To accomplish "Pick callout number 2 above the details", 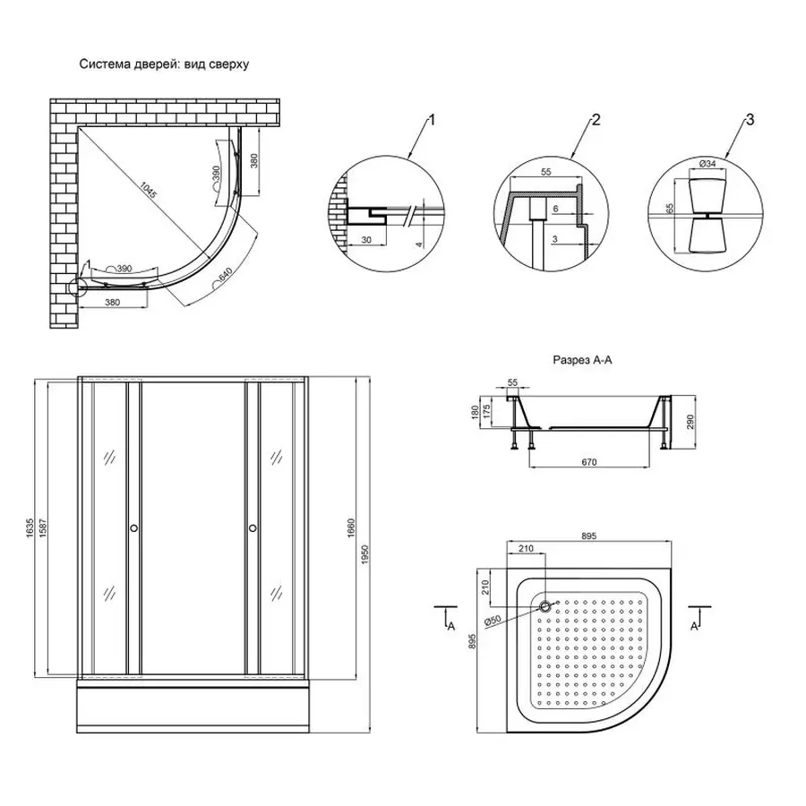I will [593, 119].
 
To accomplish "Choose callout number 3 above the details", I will [750, 119].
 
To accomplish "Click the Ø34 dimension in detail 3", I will [707, 164].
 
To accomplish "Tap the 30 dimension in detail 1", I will [367, 240].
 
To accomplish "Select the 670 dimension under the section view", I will [587, 462].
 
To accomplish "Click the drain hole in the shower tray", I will [544, 605].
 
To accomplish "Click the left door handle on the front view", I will [135, 528].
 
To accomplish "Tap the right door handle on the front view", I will [253, 528].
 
